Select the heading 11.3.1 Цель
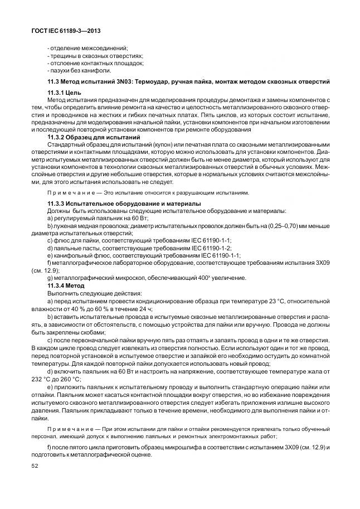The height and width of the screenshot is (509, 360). pos(66,92)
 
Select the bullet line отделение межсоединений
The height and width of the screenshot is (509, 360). pos(89,49)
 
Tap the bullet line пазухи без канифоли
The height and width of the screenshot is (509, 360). pos(81,70)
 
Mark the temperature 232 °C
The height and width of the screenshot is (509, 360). pos(41,378)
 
